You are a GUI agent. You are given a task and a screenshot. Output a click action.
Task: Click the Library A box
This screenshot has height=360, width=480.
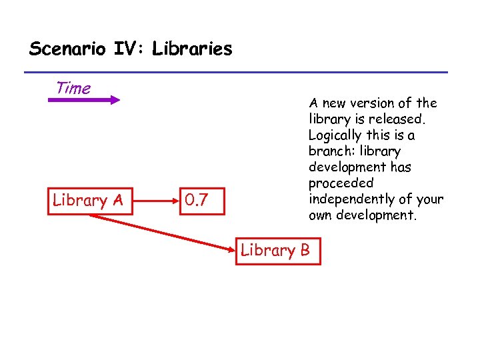click(x=90, y=200)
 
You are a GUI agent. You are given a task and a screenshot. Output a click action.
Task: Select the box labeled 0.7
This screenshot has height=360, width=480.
click(x=203, y=200)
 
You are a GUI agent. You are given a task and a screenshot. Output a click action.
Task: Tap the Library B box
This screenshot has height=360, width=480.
click(x=276, y=251)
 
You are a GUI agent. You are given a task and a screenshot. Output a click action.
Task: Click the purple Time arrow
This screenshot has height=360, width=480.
click(x=83, y=100)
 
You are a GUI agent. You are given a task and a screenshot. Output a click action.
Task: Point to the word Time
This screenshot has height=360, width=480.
click(x=73, y=87)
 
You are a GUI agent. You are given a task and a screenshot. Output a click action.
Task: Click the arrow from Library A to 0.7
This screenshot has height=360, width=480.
click(x=157, y=199)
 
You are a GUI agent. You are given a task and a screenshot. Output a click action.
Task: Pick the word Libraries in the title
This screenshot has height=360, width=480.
click(x=192, y=49)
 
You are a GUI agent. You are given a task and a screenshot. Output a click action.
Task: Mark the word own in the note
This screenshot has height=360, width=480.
click(x=322, y=215)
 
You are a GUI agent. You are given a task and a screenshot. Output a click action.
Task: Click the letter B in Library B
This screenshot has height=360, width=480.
click(x=305, y=251)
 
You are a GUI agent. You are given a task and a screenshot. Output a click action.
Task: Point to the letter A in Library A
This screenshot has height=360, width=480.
click(x=117, y=200)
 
